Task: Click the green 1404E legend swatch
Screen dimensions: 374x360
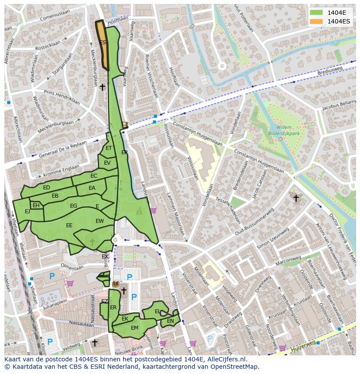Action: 317,13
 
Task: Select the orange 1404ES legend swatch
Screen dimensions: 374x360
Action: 317,21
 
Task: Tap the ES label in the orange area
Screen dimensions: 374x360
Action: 103,43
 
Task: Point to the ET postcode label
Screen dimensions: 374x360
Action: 109,148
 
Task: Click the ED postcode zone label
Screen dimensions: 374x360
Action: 47,188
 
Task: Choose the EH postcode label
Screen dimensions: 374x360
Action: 36,205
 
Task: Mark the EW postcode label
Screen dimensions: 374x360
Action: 100,221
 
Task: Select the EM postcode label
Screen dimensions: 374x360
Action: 134,328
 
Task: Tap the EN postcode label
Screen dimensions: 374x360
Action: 170,321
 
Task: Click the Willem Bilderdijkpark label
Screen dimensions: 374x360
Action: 282,131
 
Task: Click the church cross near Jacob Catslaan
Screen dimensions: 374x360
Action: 296,198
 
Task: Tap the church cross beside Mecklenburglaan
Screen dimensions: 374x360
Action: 102,87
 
